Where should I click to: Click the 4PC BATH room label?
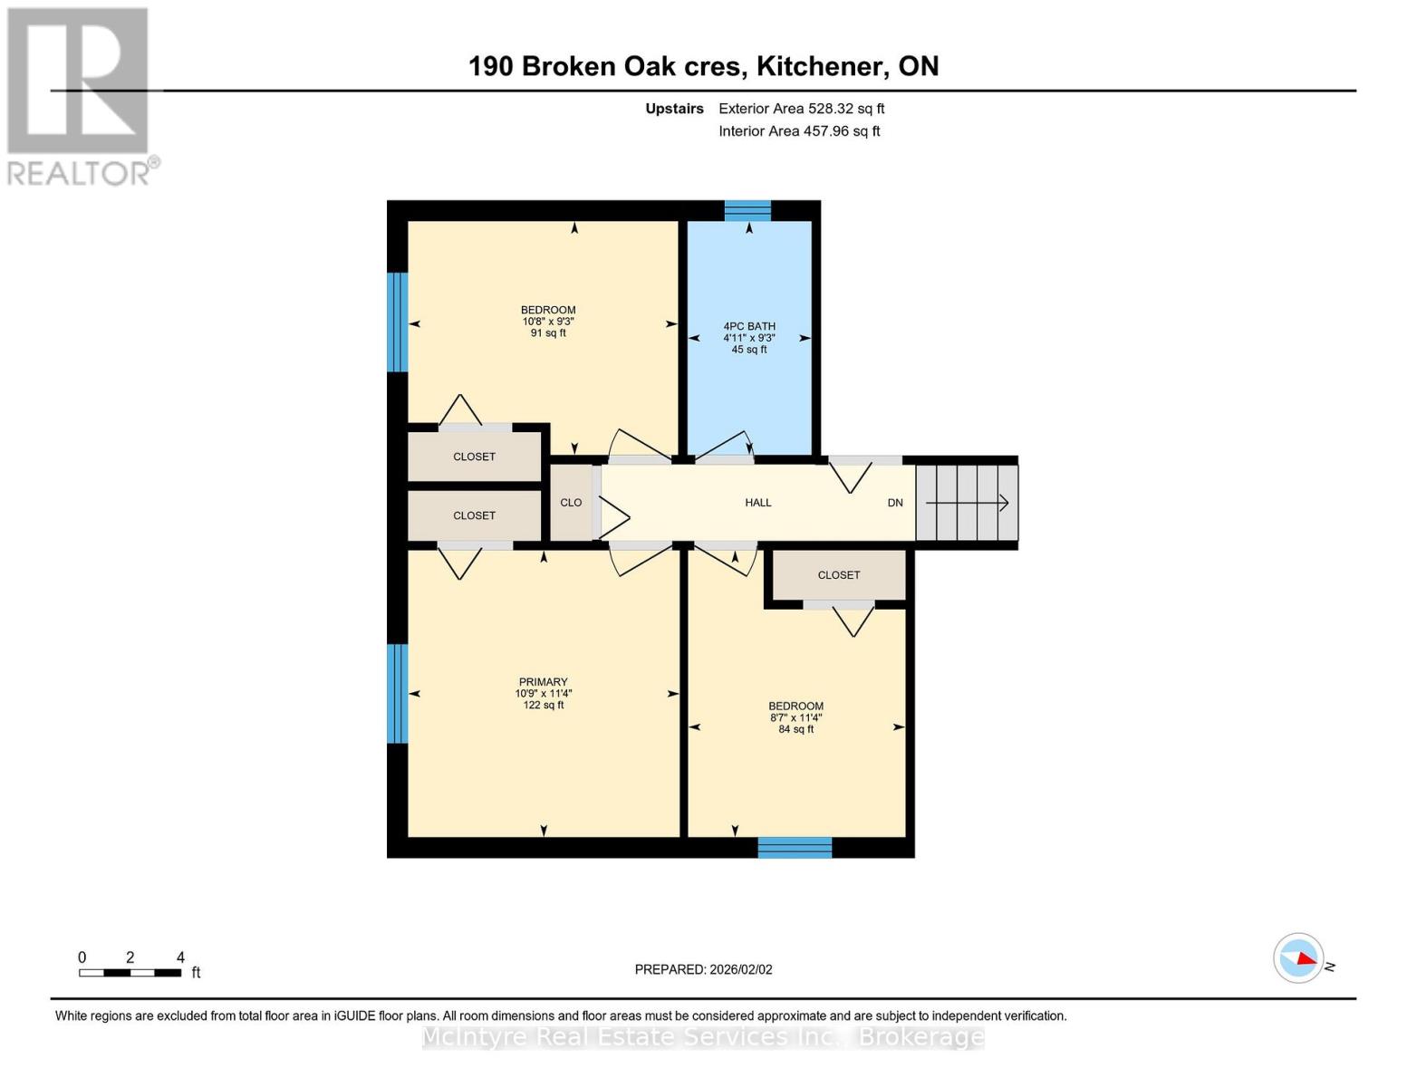coord(749,326)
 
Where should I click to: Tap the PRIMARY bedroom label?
coord(544,682)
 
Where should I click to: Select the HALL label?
coord(758,503)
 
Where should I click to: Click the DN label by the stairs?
coord(895,503)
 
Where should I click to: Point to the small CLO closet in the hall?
coord(571,503)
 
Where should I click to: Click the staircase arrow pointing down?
coord(967,503)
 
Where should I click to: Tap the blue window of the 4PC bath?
coord(747,210)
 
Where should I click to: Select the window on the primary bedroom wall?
coord(397,693)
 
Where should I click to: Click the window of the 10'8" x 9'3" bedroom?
coord(397,322)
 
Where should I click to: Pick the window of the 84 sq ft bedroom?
coord(795,848)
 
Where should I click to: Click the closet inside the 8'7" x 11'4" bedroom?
coord(839,575)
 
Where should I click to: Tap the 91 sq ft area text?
coord(548,332)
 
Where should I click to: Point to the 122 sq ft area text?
coord(544,705)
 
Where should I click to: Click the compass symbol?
coord(1297,958)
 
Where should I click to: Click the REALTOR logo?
coord(81,97)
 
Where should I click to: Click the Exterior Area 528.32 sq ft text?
coord(802,109)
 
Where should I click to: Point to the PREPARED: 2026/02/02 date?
coord(703,969)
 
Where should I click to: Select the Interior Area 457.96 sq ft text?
coord(799,131)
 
